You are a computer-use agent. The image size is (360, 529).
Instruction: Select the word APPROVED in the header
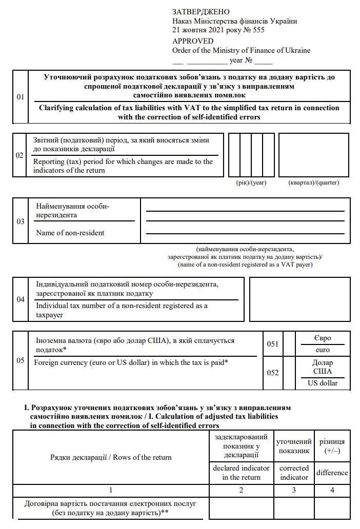click(x=193, y=41)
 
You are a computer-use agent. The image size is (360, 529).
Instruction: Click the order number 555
click(x=258, y=30)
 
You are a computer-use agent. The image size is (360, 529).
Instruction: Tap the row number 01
click(x=21, y=96)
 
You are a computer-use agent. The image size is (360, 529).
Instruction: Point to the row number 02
click(x=20, y=155)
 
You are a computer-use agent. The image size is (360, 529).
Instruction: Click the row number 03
click(x=21, y=221)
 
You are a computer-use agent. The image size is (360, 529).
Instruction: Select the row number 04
click(x=21, y=299)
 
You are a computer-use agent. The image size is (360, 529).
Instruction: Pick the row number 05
click(x=21, y=360)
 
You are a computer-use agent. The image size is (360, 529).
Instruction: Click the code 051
click(x=273, y=344)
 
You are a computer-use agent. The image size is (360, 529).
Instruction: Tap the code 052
click(x=273, y=373)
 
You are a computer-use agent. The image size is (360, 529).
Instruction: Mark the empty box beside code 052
click(x=289, y=373)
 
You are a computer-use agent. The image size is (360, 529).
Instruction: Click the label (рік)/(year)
click(x=248, y=183)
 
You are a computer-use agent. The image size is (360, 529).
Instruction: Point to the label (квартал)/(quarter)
click(x=314, y=183)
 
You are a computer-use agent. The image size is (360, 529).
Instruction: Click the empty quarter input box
click(x=314, y=155)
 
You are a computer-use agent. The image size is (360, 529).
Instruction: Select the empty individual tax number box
click(x=299, y=299)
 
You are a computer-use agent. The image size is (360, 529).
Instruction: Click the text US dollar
click(x=323, y=383)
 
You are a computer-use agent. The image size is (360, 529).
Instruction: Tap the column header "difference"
click(x=332, y=473)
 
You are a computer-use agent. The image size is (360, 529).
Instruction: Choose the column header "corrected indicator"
click(x=294, y=473)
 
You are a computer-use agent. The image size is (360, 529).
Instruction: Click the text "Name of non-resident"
click(x=70, y=233)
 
